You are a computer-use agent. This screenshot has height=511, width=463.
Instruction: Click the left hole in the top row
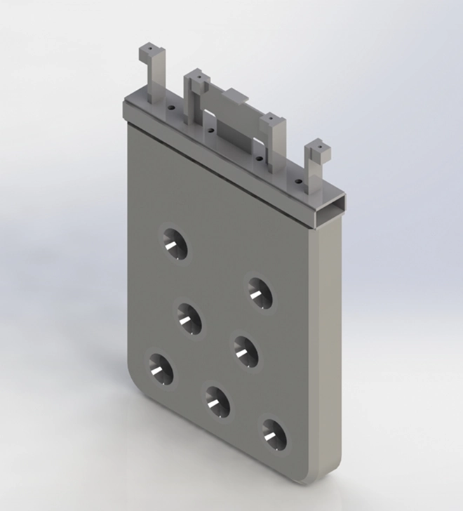pyautogui.click(x=174, y=244)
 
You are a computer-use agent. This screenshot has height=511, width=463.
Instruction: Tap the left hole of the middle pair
pyautogui.click(x=187, y=318)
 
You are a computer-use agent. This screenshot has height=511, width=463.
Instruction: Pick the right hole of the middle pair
pyautogui.click(x=245, y=350)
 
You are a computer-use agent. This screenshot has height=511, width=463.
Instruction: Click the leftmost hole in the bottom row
pyautogui.click(x=160, y=369)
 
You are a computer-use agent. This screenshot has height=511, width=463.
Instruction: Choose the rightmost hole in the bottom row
pyautogui.click(x=274, y=434)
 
